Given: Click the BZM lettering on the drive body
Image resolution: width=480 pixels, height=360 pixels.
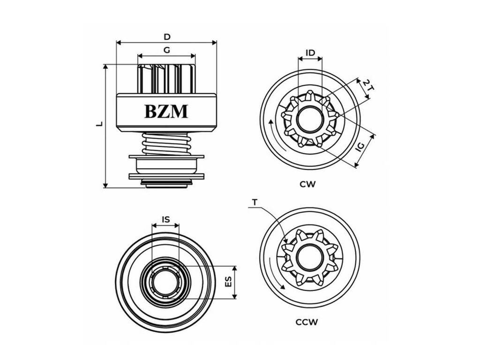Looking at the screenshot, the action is coord(166,112).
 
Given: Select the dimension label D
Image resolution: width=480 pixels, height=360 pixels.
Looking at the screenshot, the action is coord(167,37).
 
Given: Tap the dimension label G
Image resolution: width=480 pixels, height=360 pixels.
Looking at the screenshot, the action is coord(167,50).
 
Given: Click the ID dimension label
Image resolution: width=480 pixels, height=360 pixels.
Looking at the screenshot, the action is coord(310,52).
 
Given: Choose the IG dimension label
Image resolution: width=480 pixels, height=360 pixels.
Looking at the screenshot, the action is coord(361,147).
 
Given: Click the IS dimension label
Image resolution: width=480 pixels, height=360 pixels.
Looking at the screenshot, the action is coord(165,219).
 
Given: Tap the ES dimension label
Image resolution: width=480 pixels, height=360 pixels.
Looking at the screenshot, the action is coord(228,282).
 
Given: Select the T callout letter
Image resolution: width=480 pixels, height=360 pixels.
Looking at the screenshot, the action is coord(255,202).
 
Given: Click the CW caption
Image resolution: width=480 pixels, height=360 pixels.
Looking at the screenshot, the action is coord(307,184).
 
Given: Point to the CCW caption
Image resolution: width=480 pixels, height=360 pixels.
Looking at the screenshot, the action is coord(307,322).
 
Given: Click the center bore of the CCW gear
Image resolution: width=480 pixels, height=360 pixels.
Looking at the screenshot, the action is coord(309,256).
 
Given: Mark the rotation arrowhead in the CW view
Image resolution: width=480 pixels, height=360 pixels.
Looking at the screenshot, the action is coord(270,122).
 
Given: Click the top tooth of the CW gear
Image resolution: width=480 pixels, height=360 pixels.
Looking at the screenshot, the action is coord(310,94).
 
